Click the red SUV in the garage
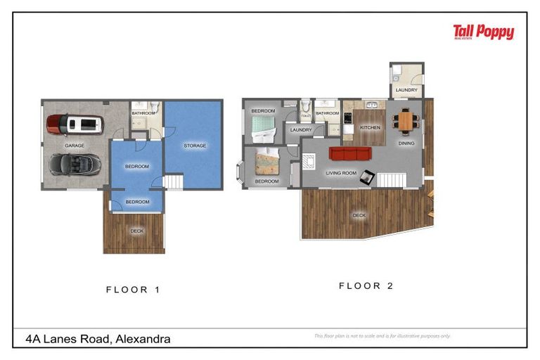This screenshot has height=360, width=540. click(75, 125)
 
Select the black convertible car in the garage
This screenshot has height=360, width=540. click(75, 165)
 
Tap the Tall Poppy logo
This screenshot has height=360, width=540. click(483, 32)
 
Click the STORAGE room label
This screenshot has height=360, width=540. click(195, 146)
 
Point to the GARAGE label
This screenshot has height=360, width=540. click(75, 146)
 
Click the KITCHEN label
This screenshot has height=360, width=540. click(370, 128)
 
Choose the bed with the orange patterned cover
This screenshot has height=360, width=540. click(267, 163)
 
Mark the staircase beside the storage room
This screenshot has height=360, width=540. click(173, 183)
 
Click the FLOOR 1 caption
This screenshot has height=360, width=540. click(137, 289)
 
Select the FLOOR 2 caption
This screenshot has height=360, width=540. click(366, 285)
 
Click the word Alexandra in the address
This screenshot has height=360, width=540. click(143, 339)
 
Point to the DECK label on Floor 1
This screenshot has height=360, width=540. click(136, 231)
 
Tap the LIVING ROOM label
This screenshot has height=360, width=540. click(340, 172)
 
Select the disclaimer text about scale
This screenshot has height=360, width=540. click(382, 336)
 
